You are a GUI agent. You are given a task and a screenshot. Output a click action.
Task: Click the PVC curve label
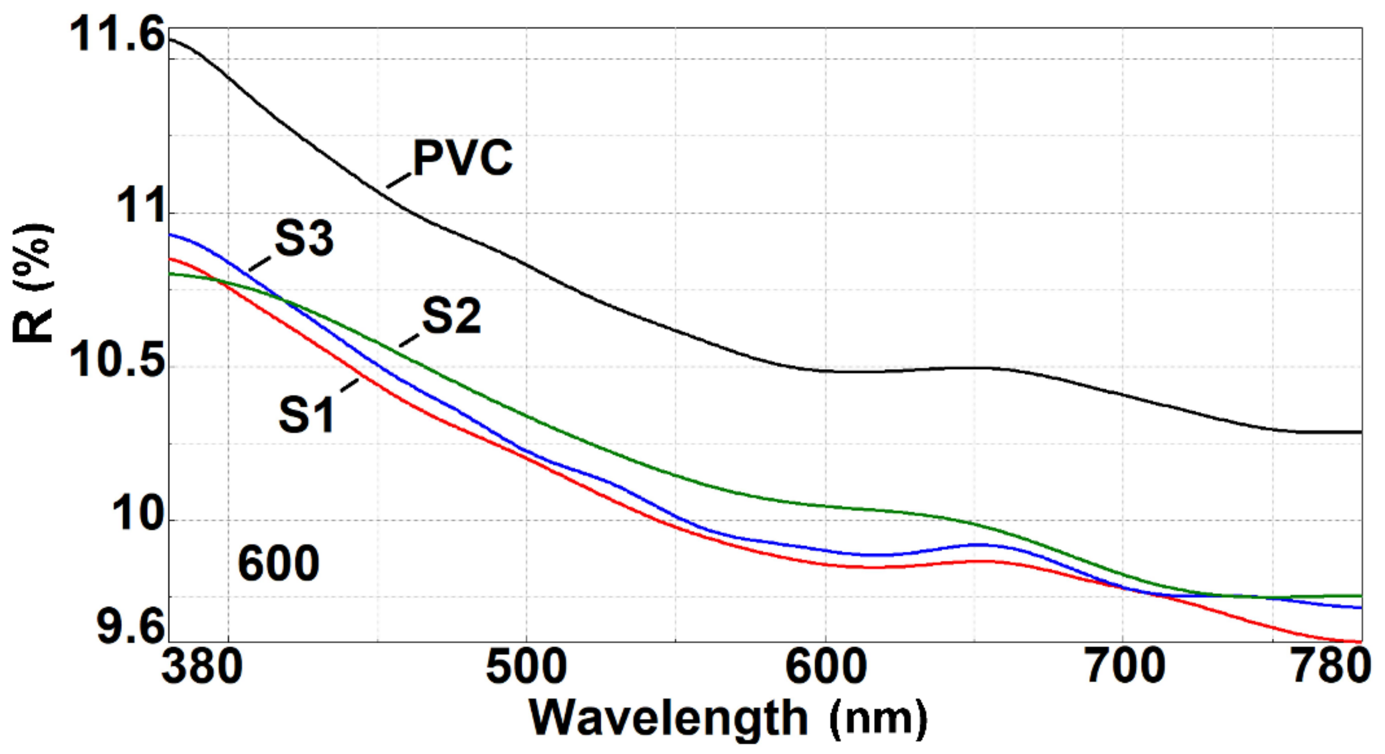[x=463, y=158]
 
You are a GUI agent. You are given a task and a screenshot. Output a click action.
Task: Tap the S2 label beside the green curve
[x=451, y=317]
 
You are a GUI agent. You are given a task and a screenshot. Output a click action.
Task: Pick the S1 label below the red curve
[x=306, y=415]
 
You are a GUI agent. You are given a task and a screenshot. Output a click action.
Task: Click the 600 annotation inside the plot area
[x=278, y=563]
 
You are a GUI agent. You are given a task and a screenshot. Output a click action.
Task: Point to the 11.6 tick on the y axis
[x=115, y=35]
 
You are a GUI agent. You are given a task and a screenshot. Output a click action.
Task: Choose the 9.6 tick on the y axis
[x=129, y=627]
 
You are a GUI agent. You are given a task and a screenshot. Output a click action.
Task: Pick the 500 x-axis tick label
[x=526, y=668]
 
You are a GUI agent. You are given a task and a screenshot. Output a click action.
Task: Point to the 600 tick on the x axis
[x=825, y=668]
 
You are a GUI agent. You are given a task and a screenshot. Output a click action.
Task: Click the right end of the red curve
[x=1359, y=641]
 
